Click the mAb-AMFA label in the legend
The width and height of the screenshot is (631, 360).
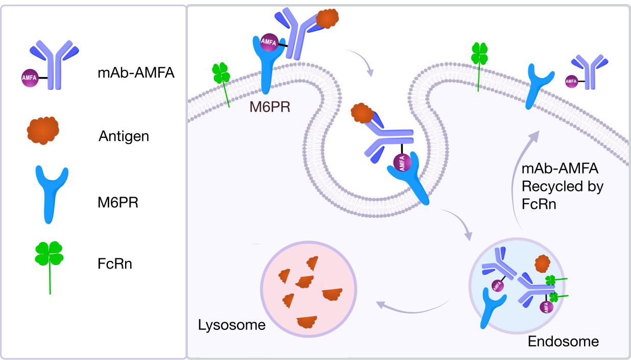click(136, 73)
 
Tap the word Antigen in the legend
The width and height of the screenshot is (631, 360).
click(124, 136)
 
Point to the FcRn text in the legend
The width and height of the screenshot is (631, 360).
click(115, 264)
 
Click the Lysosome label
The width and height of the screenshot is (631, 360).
click(232, 325)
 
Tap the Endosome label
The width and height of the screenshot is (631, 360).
click(563, 341)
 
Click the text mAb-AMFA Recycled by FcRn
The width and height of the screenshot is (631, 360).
click(562, 187)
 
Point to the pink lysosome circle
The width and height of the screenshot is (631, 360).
click(308, 291)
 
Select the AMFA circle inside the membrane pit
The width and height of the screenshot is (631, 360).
click(402, 164)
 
